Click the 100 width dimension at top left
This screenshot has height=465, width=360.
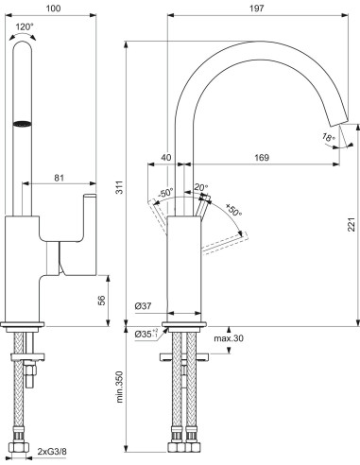[x=54, y=8]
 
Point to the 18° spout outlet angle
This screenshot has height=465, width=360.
[x=327, y=138]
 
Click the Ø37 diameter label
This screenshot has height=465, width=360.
[x=145, y=305]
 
